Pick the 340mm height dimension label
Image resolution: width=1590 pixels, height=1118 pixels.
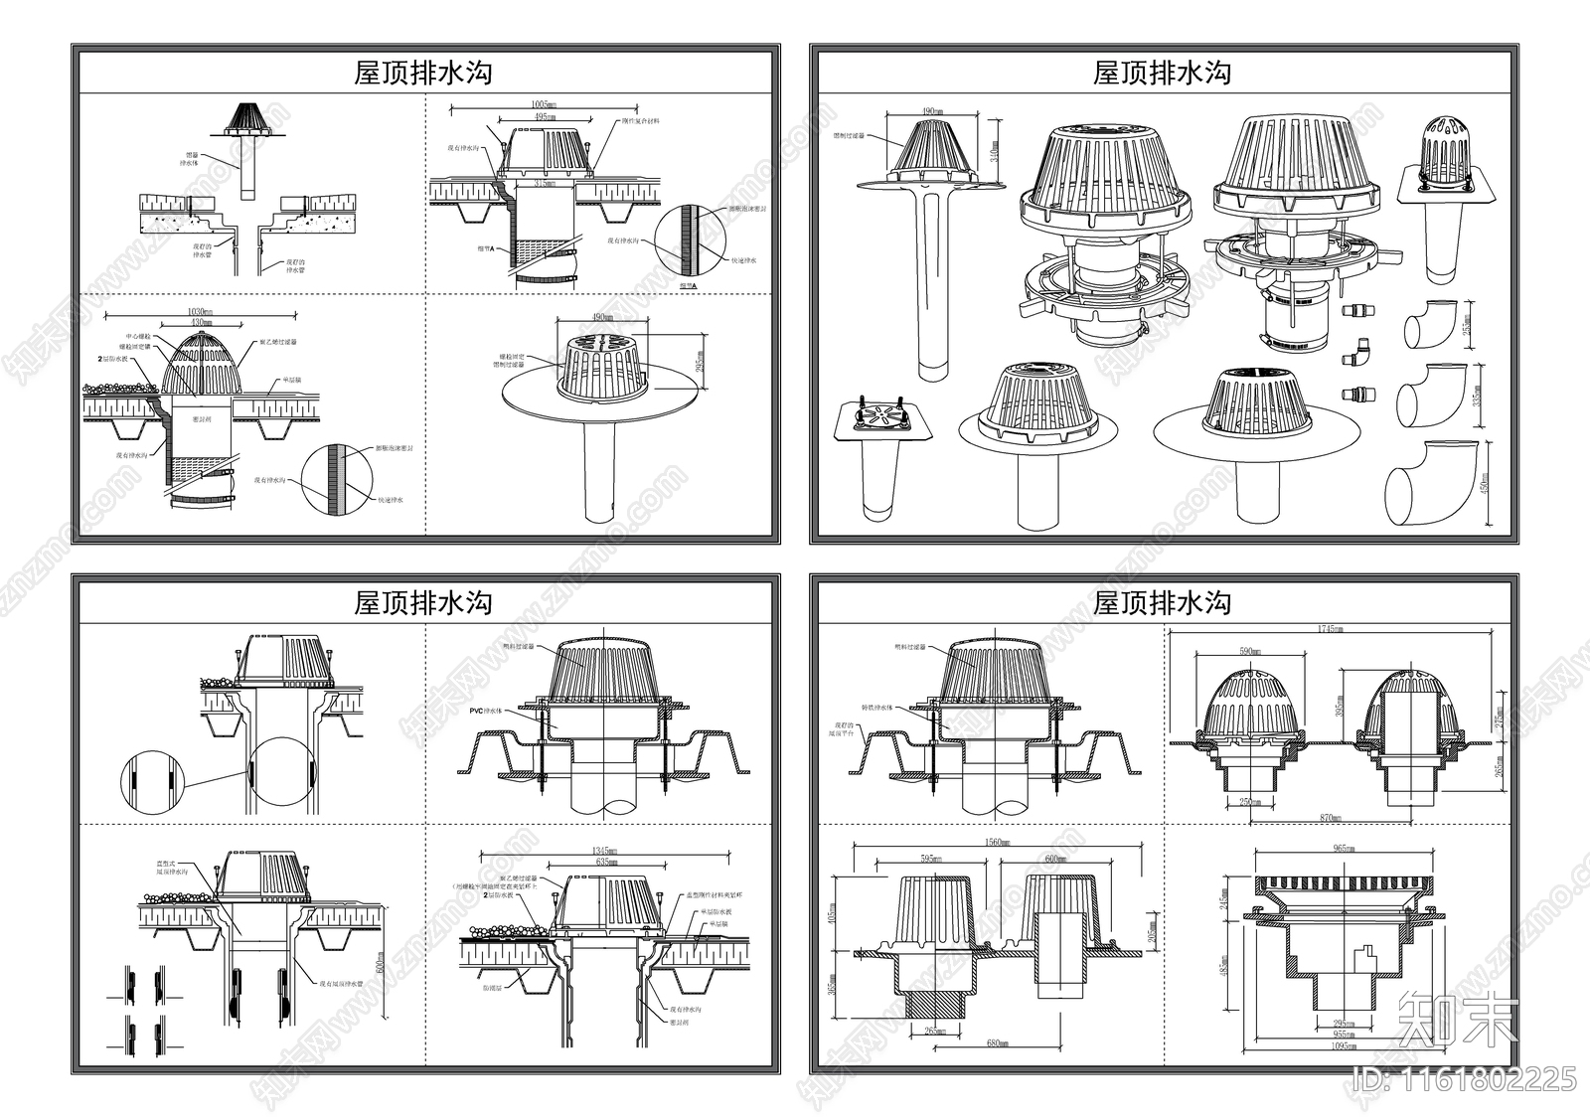(994, 150)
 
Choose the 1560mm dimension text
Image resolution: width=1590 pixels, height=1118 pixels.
(998, 843)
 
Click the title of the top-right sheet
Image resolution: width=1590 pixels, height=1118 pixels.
(1162, 73)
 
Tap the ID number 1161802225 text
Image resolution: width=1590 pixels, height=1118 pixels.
(1465, 1078)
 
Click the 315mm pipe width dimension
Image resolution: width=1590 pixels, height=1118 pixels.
(543, 184)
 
